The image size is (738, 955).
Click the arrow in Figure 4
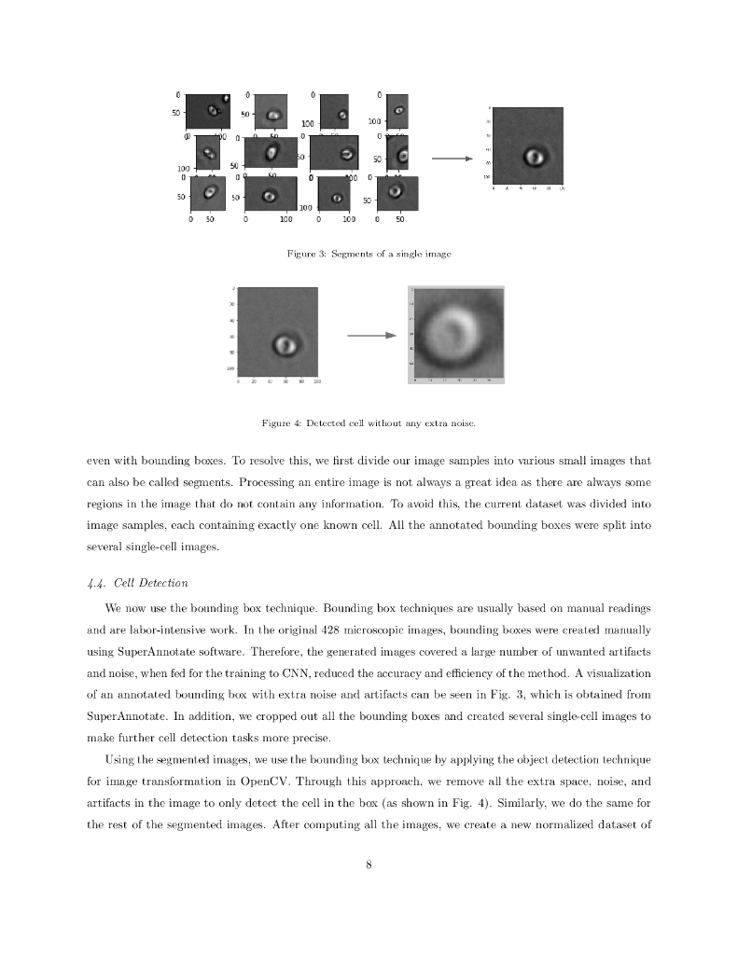pyautogui.click(x=371, y=337)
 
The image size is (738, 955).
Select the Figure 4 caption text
pyautogui.click(x=369, y=424)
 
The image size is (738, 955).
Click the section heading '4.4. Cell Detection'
pyautogui.click(x=137, y=584)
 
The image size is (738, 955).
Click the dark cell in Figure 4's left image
pyautogui.click(x=285, y=344)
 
